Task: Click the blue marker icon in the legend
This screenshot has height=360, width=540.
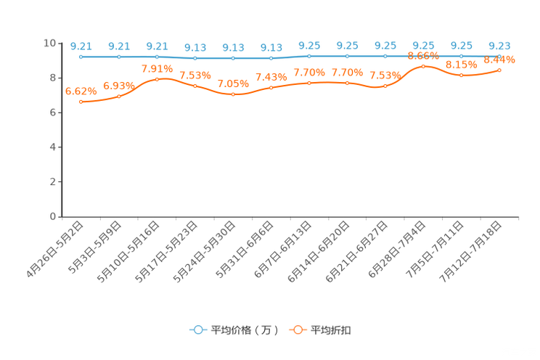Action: (197, 330)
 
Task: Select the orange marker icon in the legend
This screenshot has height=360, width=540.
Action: (296, 330)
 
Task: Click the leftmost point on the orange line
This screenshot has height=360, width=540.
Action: (81, 102)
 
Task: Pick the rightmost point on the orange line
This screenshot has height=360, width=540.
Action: (499, 70)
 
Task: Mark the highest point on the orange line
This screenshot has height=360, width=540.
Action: (423, 66)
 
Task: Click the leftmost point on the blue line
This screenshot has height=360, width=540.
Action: (81, 57)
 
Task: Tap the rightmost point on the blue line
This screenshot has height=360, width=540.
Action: (499, 56)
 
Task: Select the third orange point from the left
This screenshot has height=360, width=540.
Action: (157, 78)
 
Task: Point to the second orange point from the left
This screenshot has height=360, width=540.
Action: (119, 96)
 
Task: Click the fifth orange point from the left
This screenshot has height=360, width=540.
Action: (233, 94)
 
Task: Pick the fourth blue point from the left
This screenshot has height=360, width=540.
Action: (195, 58)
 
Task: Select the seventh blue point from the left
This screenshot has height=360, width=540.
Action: (309, 56)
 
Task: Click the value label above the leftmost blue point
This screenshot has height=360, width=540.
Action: (81, 45)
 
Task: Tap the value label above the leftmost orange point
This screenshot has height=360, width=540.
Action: (81, 91)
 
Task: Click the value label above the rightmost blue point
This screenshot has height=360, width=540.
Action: (499, 45)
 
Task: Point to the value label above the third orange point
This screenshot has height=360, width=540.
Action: (157, 68)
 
